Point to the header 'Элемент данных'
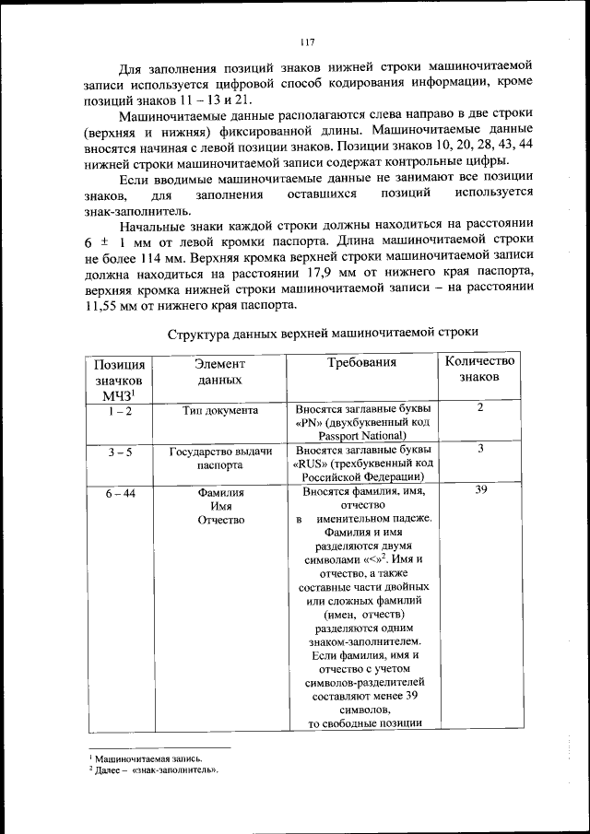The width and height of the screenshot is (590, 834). tap(219, 371)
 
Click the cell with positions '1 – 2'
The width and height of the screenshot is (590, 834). tap(119, 410)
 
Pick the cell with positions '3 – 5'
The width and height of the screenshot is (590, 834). tap(119, 450)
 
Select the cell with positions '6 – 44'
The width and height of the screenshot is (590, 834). tap(119, 492)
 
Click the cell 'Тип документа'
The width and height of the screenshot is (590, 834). tap(219, 410)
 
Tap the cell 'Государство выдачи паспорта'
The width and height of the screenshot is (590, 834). tap(219, 457)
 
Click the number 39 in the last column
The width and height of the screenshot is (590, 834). tap(480, 491)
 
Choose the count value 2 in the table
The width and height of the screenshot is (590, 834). tap(480, 407)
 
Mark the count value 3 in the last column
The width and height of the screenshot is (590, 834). tap(480, 448)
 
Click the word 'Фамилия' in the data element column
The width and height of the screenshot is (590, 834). tap(219, 493)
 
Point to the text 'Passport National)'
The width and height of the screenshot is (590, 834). tap(362, 436)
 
